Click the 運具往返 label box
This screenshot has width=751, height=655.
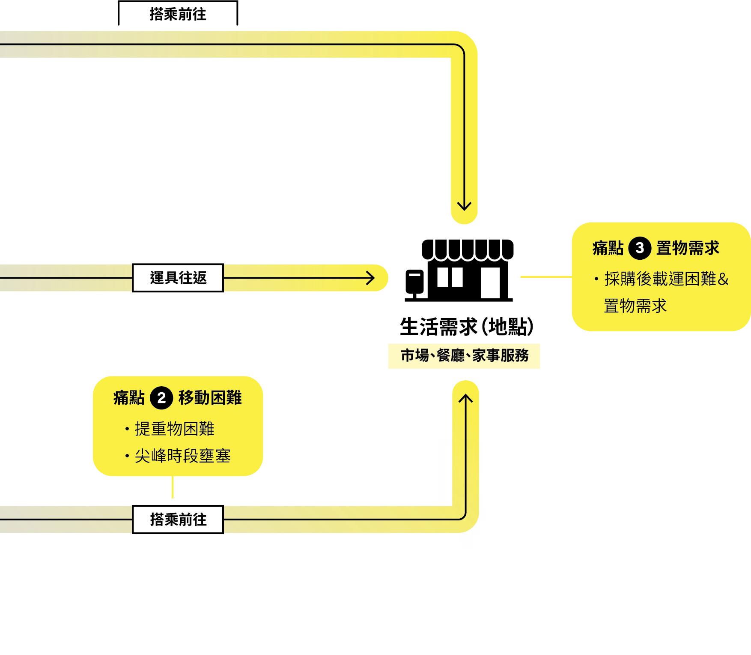point(178,278)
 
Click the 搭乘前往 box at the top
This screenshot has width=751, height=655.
point(178,14)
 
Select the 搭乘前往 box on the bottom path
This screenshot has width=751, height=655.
point(178,520)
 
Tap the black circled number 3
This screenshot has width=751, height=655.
point(640,248)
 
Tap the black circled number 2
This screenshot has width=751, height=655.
point(161,398)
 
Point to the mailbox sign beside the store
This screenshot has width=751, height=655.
point(414,281)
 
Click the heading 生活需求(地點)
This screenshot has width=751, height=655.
point(467,327)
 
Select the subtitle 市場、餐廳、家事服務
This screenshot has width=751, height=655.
point(465,356)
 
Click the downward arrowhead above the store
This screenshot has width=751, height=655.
point(464,206)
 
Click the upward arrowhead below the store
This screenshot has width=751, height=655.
point(465,399)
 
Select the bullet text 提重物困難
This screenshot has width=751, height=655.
point(174,429)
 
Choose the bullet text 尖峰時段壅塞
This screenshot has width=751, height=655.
point(182,456)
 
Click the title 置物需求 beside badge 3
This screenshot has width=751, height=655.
point(688,248)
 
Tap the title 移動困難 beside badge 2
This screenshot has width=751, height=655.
point(210,398)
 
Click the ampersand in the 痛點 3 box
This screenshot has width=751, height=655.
point(723,279)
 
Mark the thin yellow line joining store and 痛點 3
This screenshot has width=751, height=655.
point(546,277)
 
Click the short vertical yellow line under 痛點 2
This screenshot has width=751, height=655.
point(173,487)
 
